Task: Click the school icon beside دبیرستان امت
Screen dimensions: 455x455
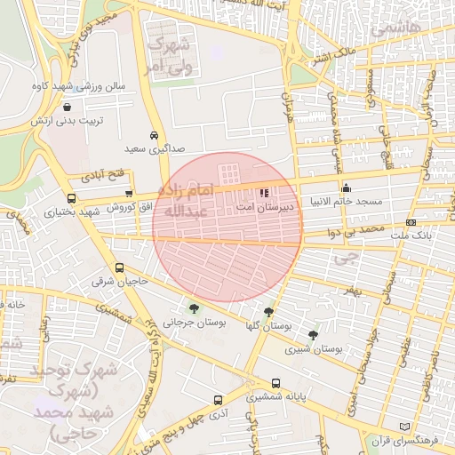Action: [264, 192]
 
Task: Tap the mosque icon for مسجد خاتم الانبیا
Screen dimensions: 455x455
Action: [346, 188]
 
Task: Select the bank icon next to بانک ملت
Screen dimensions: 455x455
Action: [411, 222]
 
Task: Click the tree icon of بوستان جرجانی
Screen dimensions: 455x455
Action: [194, 308]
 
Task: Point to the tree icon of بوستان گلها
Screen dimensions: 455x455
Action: [268, 312]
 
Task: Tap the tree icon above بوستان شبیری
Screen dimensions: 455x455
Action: [313, 335]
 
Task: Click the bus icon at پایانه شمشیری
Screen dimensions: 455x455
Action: [275, 384]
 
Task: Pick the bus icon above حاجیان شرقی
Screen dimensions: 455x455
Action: [120, 267]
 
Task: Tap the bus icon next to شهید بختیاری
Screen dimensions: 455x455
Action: [71, 199]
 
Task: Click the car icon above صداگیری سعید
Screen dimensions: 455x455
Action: [155, 135]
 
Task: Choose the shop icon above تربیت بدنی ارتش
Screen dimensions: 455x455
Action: [68, 107]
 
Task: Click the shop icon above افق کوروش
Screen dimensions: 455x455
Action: [130, 193]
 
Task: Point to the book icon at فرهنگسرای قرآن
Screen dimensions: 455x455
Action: [405, 427]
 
